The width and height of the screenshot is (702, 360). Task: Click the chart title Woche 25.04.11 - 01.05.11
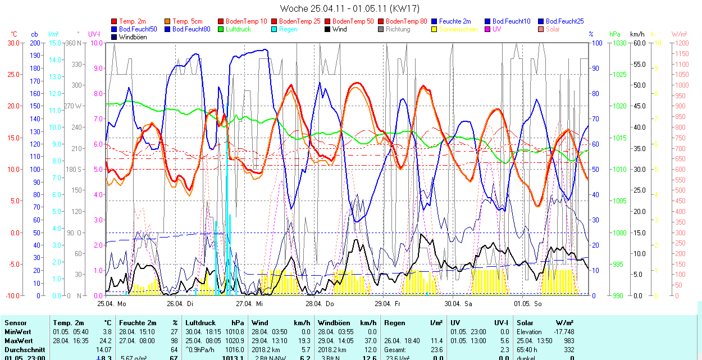349,8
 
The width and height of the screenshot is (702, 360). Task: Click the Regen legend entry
288,29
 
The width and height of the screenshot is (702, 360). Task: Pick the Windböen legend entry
133,37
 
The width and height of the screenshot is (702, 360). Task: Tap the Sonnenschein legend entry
458,29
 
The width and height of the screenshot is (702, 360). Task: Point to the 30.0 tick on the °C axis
12,43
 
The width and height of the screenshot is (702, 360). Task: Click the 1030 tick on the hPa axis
618,43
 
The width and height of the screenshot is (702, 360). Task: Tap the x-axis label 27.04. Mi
249,304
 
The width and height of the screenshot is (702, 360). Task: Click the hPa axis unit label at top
615,34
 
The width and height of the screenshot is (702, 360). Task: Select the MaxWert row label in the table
18,341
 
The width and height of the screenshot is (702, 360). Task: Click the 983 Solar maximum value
568,341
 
